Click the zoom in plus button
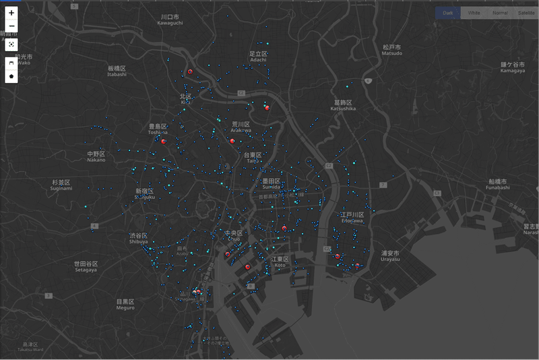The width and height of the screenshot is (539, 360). pyautogui.click(x=11, y=13)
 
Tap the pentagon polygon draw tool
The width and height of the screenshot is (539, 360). pyautogui.click(x=11, y=76)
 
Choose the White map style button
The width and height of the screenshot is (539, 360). pyautogui.click(x=474, y=13)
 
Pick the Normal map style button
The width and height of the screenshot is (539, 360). pyautogui.click(x=500, y=13)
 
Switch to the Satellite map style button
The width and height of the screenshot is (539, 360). pyautogui.click(x=526, y=13)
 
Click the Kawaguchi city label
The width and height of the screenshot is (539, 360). pyautogui.click(x=170, y=20)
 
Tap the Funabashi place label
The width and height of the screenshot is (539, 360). pyautogui.click(x=499, y=184)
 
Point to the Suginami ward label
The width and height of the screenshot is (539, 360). pyautogui.click(x=61, y=185)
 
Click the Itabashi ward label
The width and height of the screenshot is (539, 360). pyautogui.click(x=117, y=71)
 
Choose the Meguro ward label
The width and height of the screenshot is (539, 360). pyautogui.click(x=125, y=304)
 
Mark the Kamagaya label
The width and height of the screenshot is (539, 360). pyautogui.click(x=513, y=67)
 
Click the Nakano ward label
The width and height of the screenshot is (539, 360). pyautogui.click(x=96, y=157)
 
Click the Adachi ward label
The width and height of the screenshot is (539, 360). pyautogui.click(x=259, y=57)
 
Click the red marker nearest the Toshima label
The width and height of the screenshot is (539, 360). pyautogui.click(x=163, y=141)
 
